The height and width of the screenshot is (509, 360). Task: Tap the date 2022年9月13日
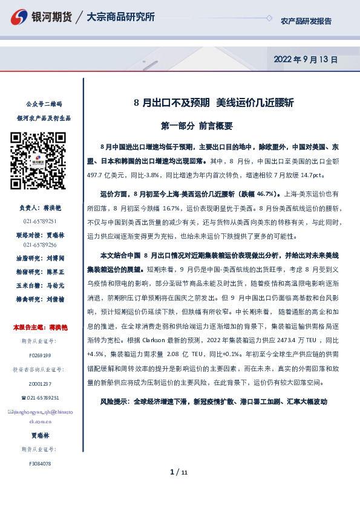pyautogui.click(x=306, y=60)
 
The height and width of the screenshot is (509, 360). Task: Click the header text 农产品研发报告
pyautogui.click(x=306, y=21)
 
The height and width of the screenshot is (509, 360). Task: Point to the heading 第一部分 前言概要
pyautogui.click(x=197, y=126)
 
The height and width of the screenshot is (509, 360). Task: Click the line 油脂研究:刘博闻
pyautogui.click(x=40, y=256)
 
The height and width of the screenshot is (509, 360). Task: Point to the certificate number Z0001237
pyautogui.click(x=40, y=384)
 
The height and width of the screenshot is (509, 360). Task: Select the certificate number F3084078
pyautogui.click(x=40, y=464)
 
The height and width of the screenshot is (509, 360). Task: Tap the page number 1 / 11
pyautogui.click(x=180, y=472)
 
